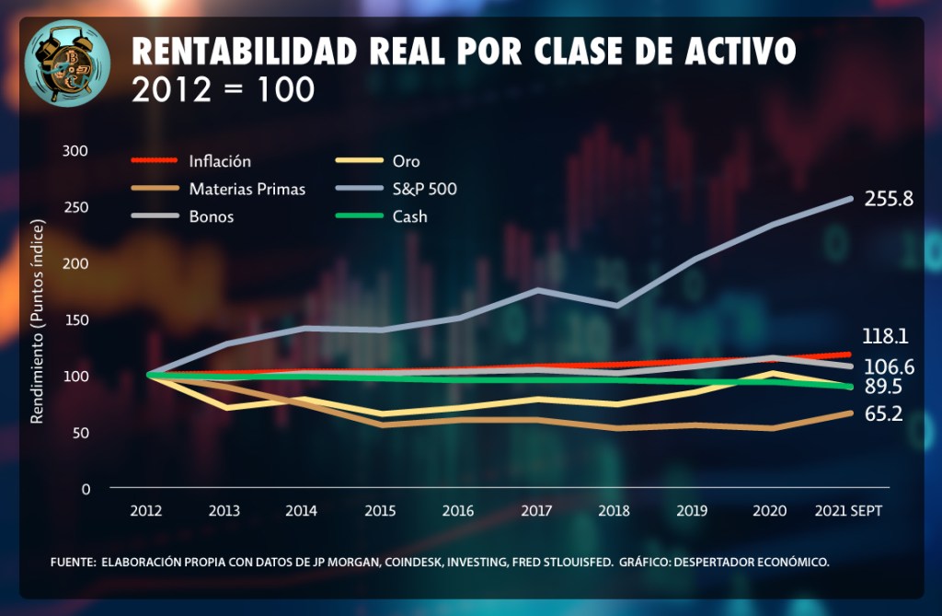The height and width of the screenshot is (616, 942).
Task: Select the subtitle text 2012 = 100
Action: click(x=224, y=89)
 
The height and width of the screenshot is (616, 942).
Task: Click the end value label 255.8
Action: click(x=889, y=198)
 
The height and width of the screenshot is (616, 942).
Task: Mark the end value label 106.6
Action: click(x=889, y=367)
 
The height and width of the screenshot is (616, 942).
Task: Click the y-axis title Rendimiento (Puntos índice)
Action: click(x=38, y=321)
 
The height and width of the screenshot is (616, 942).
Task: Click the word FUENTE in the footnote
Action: click(x=73, y=562)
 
